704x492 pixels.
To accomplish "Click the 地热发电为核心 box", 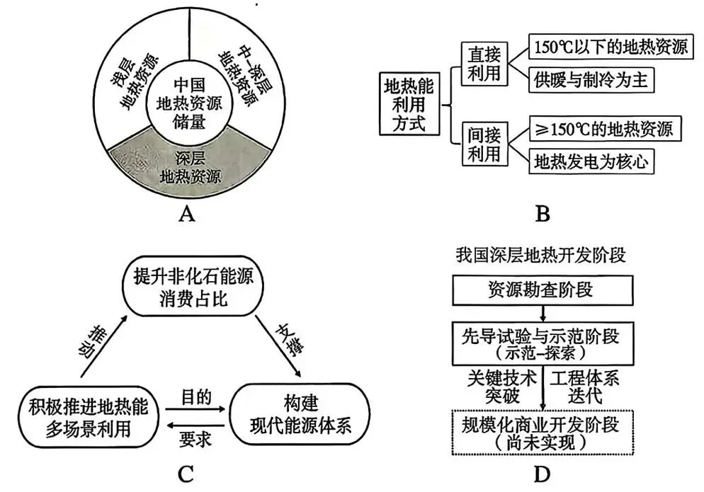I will click(592, 161).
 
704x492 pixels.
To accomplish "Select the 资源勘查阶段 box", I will click(542, 289).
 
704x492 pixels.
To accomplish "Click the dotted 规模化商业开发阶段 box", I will click(542, 433).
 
